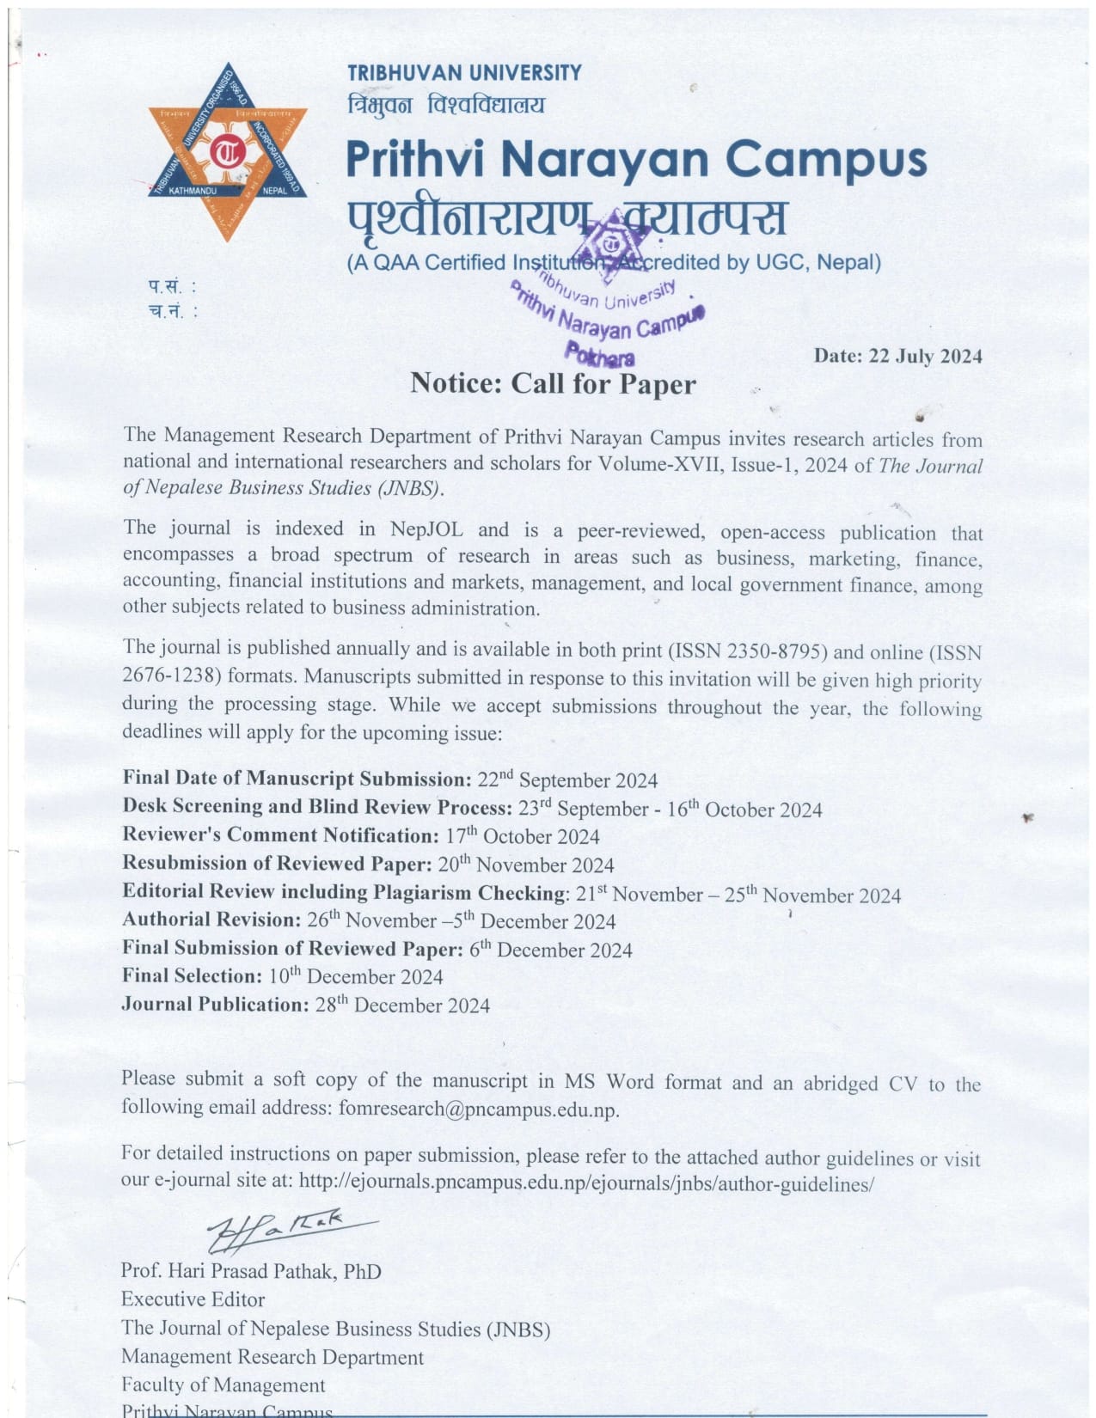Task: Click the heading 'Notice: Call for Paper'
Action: click(x=553, y=383)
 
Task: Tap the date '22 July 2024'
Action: click(x=925, y=356)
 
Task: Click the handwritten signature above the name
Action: click(x=275, y=1230)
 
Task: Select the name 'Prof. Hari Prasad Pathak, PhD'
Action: click(x=251, y=1270)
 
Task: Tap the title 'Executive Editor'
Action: click(x=193, y=1299)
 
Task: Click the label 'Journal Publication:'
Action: click(x=215, y=1004)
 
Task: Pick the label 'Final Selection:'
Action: click(x=192, y=975)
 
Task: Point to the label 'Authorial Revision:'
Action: click(x=211, y=920)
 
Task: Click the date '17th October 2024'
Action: click(x=523, y=836)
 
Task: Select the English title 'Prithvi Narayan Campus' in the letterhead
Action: click(x=636, y=160)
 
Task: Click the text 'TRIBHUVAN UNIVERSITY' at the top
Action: click(x=464, y=72)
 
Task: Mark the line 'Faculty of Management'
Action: click(x=223, y=1384)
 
